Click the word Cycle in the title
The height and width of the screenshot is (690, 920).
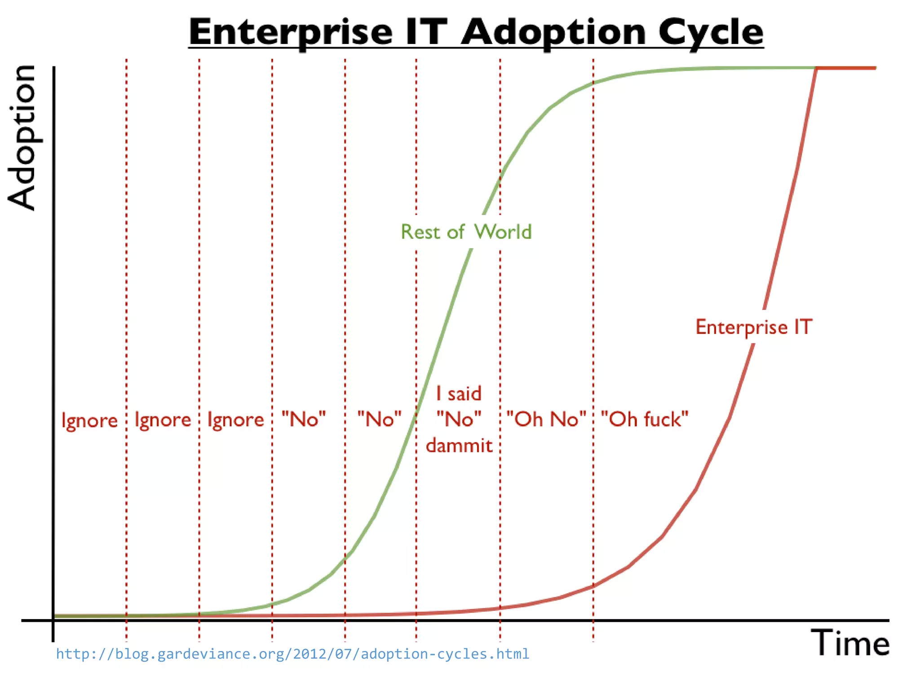(711, 32)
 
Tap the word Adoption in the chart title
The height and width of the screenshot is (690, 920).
(554, 32)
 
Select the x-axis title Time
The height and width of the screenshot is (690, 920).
(849, 643)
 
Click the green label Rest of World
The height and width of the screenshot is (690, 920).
(466, 232)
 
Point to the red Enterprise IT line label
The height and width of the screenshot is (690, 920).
(754, 327)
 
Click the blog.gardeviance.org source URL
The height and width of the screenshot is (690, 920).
(292, 654)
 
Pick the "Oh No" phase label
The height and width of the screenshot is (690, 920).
(546, 419)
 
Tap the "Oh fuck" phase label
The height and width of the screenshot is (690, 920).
(644, 419)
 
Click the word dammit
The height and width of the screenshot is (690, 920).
(459, 446)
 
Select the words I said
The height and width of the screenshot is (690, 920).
(459, 394)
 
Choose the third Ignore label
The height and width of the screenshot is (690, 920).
(235, 420)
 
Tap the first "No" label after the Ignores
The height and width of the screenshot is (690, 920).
(304, 419)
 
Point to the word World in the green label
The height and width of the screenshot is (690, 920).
(503, 232)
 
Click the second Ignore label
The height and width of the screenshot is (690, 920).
(163, 420)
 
